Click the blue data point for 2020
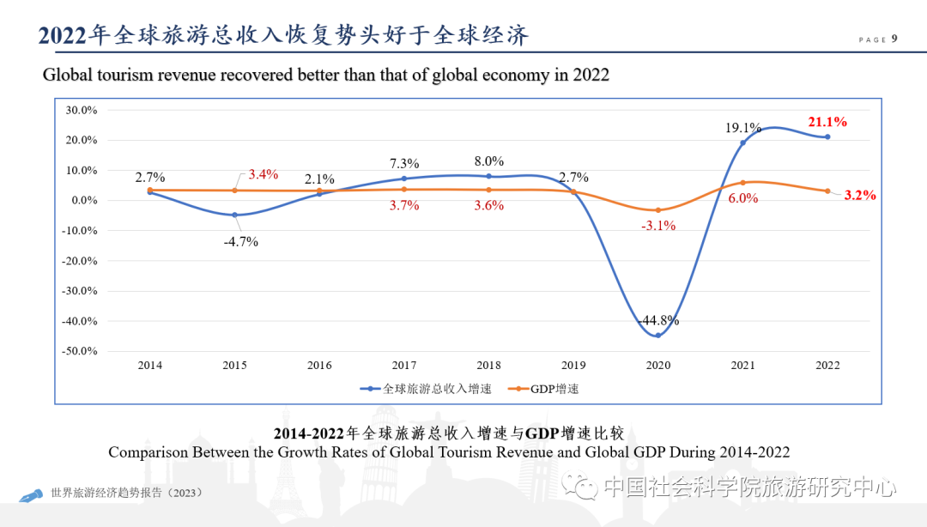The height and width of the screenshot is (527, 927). point(658,335)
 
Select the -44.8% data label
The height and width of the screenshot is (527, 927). point(659,320)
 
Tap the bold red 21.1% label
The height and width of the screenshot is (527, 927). point(827,122)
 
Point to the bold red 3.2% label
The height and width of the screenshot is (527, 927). point(859,195)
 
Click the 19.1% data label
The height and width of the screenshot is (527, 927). point(742,128)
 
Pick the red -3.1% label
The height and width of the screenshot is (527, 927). point(658,226)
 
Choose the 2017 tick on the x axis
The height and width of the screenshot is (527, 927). point(403,365)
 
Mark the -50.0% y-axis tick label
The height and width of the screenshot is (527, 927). point(80,351)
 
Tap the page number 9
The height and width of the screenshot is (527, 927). point(895,39)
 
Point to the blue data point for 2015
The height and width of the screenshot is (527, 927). point(234,215)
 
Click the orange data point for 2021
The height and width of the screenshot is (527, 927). point(743,183)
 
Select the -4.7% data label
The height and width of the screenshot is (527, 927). point(240,241)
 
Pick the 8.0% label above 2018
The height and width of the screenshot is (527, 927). point(488,161)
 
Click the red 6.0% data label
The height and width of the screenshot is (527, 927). point(743,197)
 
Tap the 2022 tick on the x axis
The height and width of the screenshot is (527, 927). point(827,365)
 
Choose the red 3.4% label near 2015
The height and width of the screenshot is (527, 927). point(264,174)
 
